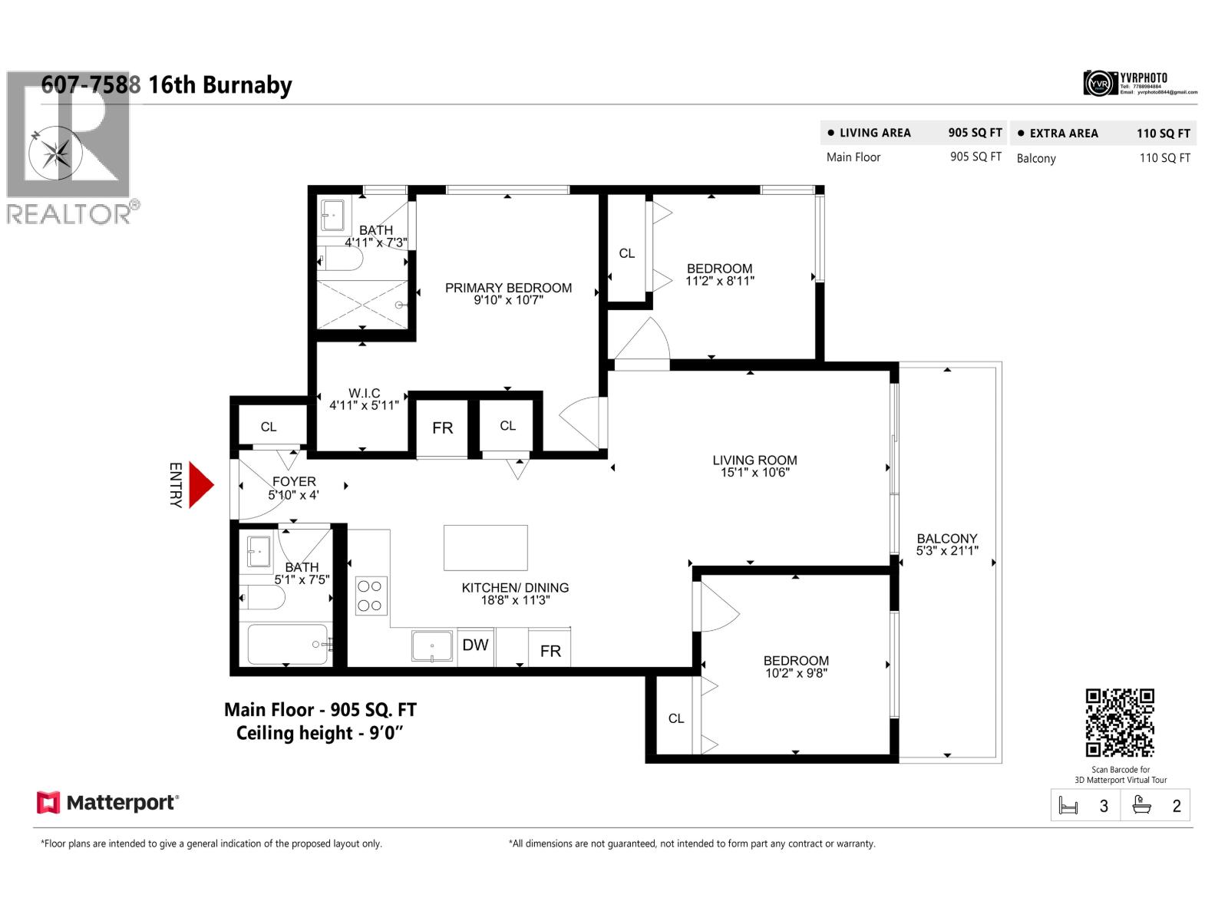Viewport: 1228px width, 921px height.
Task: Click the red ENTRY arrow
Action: click(200, 485)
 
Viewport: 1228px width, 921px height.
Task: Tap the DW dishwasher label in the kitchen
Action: click(475, 645)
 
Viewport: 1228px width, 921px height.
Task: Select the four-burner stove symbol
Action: click(371, 596)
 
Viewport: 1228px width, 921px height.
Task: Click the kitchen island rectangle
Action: click(485, 548)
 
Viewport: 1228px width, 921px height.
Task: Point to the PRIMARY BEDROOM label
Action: click(508, 288)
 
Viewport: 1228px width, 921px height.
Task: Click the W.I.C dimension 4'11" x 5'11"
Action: click(364, 405)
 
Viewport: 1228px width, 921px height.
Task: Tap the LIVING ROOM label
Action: click(754, 460)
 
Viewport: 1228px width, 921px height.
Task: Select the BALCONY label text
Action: click(946, 539)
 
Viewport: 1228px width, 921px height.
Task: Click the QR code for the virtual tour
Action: click(1119, 723)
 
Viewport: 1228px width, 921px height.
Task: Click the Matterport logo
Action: click(107, 803)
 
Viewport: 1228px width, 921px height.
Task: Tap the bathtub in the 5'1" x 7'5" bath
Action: click(288, 645)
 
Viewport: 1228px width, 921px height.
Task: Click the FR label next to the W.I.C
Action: click(442, 428)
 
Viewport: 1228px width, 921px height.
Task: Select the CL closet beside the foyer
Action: click(268, 427)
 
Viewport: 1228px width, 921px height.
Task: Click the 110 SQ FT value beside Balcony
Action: click(1164, 158)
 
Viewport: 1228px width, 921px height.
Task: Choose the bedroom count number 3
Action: click(1104, 807)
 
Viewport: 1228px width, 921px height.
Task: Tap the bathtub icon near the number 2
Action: click(1141, 806)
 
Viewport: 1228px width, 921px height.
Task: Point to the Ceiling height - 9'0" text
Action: click(319, 733)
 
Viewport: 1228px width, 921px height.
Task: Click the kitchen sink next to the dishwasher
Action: click(432, 646)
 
